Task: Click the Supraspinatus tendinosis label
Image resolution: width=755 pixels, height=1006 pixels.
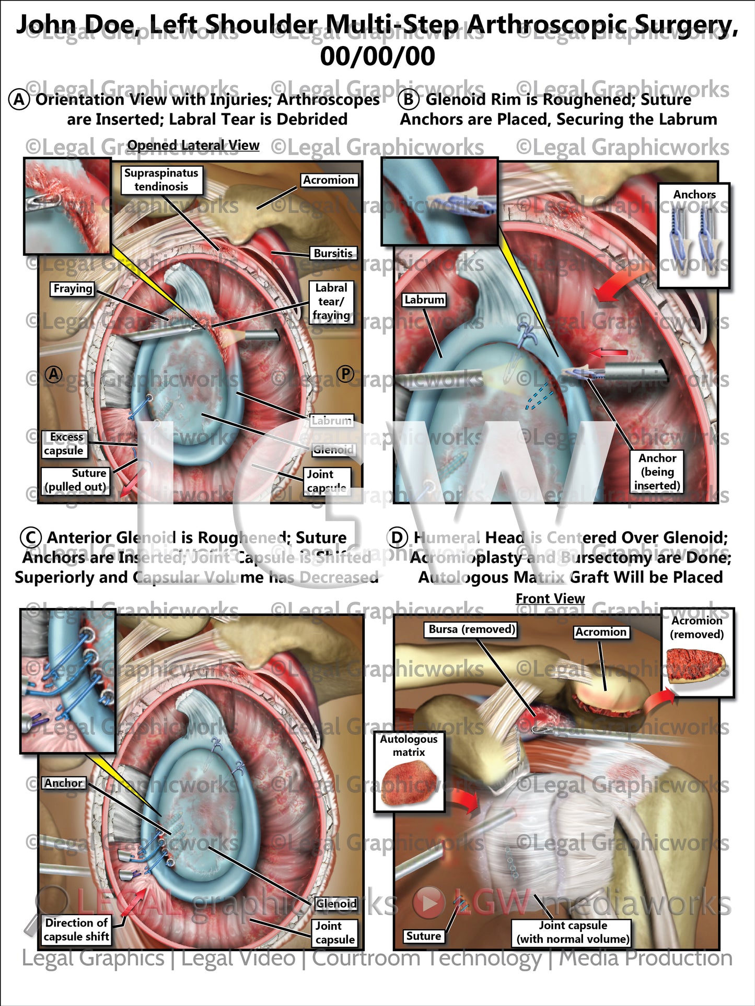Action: [x=161, y=180]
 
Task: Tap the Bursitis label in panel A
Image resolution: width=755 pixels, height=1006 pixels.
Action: [x=333, y=253]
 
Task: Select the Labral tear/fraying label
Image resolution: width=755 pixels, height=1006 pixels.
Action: [x=331, y=302]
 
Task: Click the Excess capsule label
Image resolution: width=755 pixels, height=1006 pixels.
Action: [x=64, y=443]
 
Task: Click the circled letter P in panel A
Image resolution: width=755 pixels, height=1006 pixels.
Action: [x=345, y=374]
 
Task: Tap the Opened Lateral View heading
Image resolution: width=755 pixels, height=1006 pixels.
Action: [x=193, y=146]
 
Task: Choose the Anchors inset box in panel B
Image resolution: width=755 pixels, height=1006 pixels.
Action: [x=693, y=235]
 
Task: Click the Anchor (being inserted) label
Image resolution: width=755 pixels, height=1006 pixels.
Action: [x=657, y=472]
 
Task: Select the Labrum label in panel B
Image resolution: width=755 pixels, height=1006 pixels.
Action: [x=424, y=300]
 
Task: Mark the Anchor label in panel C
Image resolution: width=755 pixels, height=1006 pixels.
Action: [x=63, y=783]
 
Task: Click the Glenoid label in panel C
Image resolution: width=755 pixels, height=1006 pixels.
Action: [x=336, y=904]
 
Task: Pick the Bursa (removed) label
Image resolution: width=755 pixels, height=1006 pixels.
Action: [x=472, y=629]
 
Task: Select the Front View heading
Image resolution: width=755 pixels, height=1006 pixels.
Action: [x=550, y=599]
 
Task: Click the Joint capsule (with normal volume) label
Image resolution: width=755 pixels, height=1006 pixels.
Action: [x=573, y=932]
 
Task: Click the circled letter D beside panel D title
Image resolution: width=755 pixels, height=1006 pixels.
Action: [x=398, y=537]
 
